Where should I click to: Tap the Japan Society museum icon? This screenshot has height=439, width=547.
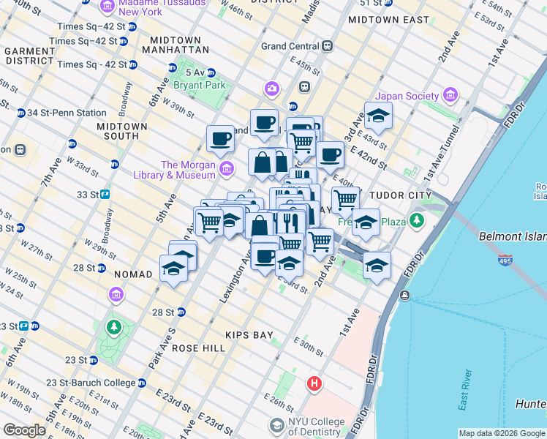450,96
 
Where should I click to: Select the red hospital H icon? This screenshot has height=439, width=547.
314,383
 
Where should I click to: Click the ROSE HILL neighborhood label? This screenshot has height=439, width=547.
198,348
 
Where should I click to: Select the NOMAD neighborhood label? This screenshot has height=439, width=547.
133,274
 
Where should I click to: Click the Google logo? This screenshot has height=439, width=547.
24,429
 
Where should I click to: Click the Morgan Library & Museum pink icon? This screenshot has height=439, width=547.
227,170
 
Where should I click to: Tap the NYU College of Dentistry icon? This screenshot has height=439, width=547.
277,425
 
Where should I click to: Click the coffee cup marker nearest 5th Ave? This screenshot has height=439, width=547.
219,138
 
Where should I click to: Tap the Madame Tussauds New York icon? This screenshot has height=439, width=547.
107,7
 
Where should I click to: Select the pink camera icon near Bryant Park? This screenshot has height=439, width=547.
272,89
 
